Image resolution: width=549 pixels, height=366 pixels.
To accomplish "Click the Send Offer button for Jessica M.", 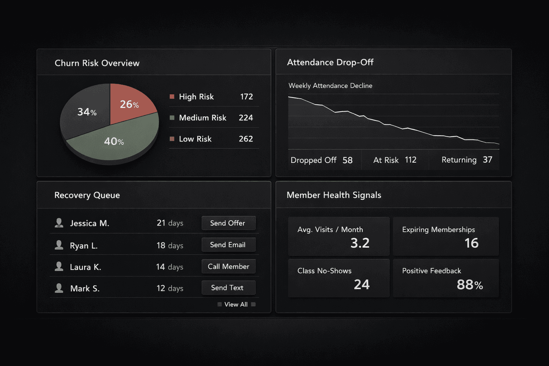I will (228, 223).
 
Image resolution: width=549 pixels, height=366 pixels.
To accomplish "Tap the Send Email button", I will (228, 245).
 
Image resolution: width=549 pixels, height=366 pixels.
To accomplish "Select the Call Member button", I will (228, 266).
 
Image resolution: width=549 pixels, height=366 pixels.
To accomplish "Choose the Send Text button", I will (228, 288).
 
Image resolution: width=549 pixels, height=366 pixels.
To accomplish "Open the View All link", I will (236, 305).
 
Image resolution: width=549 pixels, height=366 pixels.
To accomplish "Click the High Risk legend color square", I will (172, 97).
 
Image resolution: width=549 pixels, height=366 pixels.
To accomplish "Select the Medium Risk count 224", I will (246, 118).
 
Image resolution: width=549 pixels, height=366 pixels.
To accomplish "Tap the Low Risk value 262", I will (246, 139).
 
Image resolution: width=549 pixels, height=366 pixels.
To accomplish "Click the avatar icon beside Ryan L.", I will (59, 245).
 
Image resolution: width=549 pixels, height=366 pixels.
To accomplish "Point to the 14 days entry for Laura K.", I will (170, 267).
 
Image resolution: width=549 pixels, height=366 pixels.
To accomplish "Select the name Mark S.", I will (85, 288).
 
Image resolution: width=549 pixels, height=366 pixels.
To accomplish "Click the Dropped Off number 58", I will (347, 160).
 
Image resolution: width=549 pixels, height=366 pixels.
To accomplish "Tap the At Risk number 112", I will (411, 160).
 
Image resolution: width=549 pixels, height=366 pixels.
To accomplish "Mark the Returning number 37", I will (488, 160).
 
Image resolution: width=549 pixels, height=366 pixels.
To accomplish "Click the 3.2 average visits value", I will (360, 243).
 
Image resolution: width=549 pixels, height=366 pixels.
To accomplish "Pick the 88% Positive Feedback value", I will (470, 285).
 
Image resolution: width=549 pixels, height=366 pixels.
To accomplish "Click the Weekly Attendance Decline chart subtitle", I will (330, 86).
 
